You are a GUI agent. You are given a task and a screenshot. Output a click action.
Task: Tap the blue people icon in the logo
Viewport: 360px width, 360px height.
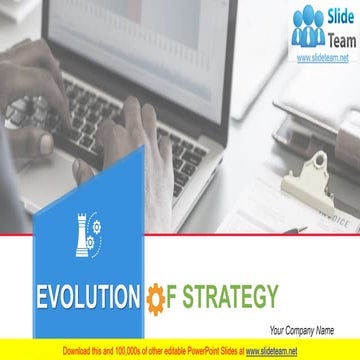click(x=307, y=28)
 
